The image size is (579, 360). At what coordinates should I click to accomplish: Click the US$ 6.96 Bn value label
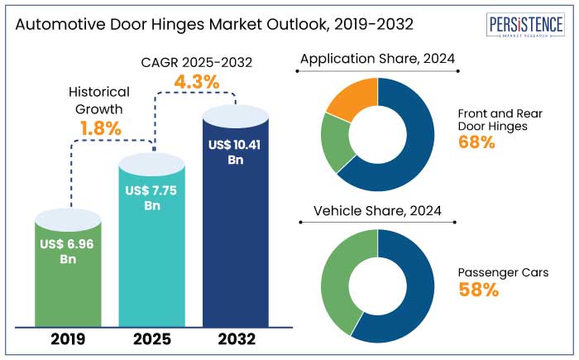tap(68, 252)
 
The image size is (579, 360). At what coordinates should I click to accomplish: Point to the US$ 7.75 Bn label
tap(151, 198)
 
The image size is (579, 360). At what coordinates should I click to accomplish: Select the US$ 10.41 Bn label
tap(235, 152)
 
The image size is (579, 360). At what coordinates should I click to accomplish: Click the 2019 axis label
tap(68, 339)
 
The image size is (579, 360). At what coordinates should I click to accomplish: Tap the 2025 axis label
tap(151, 339)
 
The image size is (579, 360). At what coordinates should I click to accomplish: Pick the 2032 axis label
tap(235, 339)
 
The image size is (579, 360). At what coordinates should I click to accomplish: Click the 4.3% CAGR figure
tap(196, 83)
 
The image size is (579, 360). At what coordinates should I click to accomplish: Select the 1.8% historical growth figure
tap(101, 128)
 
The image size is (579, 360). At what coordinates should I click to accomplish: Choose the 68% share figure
tap(476, 142)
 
